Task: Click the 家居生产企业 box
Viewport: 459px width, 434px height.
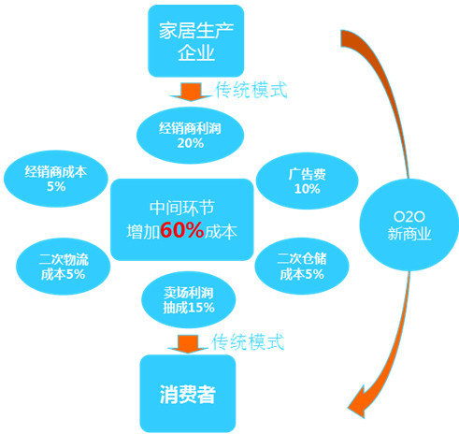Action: (x=195, y=41)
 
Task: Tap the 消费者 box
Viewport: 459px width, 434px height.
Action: (x=188, y=394)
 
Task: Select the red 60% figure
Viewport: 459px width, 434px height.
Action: (x=182, y=230)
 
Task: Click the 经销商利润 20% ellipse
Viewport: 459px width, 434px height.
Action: (x=190, y=136)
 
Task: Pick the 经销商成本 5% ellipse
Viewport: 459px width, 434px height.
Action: (x=56, y=179)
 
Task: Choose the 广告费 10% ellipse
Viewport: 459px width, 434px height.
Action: (x=307, y=181)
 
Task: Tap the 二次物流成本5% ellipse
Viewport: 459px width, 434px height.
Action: (x=64, y=267)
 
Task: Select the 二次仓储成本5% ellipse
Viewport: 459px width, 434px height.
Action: (x=302, y=267)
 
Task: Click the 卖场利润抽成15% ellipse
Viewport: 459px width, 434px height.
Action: (x=189, y=299)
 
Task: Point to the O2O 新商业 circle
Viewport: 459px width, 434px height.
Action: (x=409, y=224)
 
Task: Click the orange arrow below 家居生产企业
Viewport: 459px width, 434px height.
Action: (x=191, y=92)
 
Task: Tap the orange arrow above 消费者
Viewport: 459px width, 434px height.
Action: (x=188, y=344)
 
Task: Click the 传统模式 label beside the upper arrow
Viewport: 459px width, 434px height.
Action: (x=251, y=90)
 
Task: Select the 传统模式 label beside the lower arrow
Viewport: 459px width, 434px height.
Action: (x=248, y=341)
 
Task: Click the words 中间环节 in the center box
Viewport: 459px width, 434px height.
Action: (x=182, y=208)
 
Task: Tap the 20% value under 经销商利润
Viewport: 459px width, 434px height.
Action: (x=191, y=143)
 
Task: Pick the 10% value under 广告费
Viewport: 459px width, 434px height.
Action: (x=308, y=189)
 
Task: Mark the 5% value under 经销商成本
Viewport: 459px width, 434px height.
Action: (x=56, y=186)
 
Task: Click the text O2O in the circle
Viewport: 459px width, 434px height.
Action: (x=409, y=216)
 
